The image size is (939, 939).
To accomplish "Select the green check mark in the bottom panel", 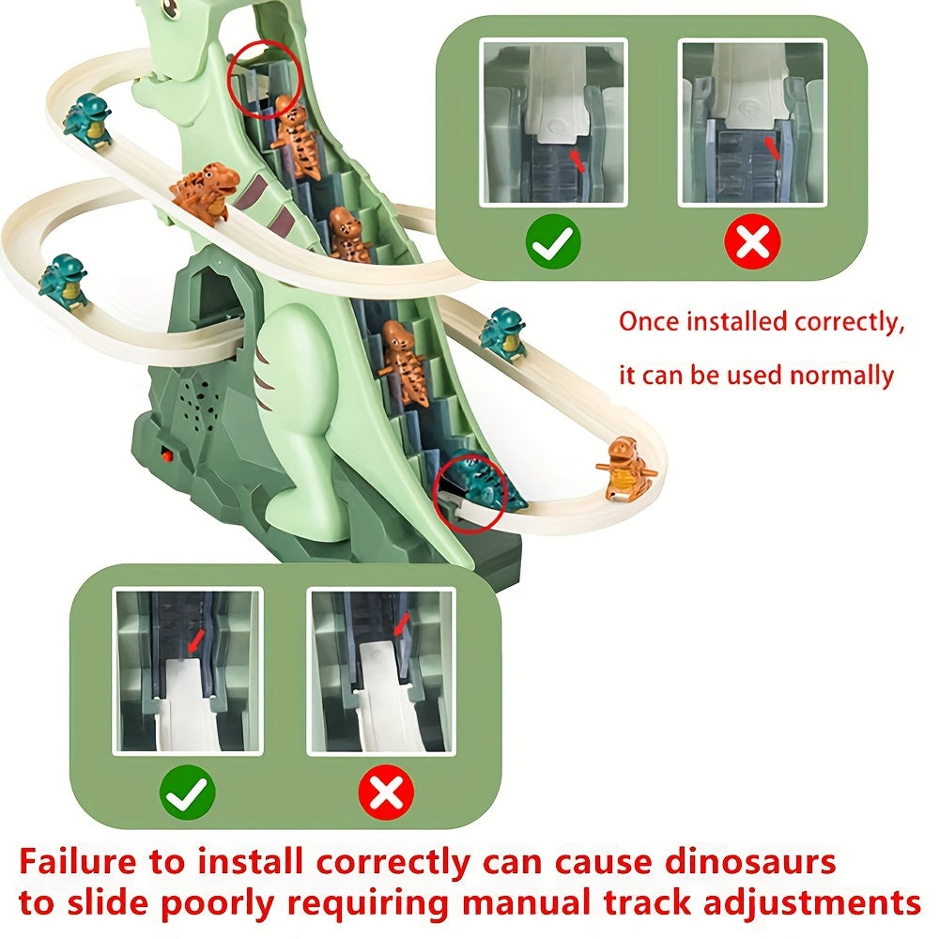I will tap(188, 794).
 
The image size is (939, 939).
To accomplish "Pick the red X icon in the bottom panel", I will tap(385, 794).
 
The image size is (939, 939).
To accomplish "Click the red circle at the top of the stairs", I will tap(264, 81).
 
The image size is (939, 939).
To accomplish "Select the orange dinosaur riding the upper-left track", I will tap(204, 192).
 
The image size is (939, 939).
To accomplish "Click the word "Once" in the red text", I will tap(649, 321).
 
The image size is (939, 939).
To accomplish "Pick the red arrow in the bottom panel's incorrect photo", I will tap(402, 623).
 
